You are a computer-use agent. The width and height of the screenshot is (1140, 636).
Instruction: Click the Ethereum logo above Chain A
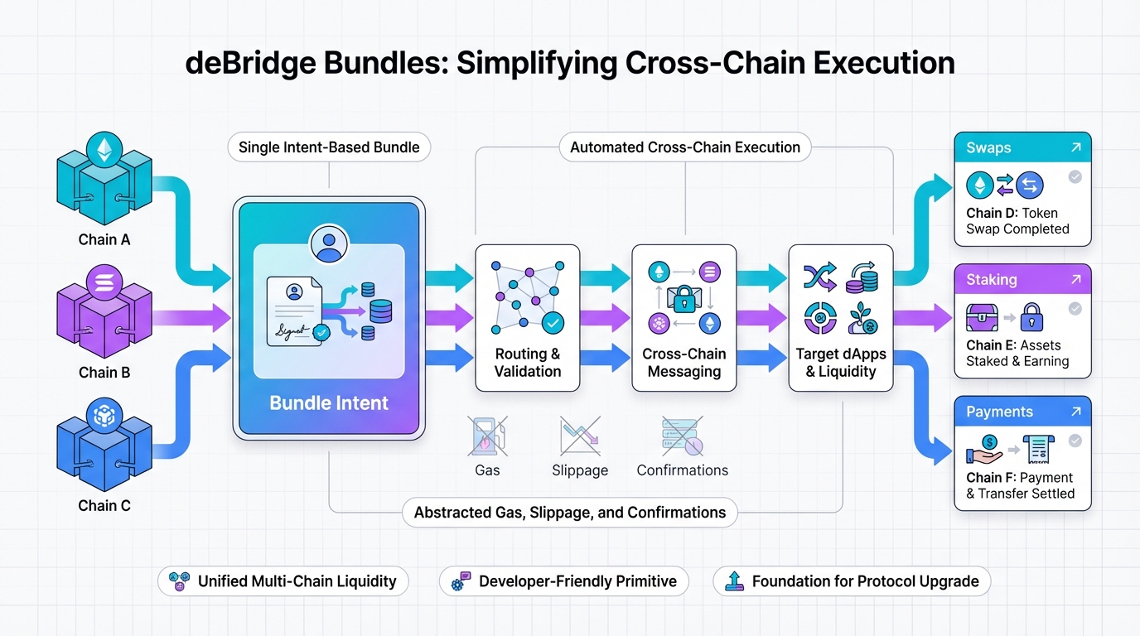tap(104, 150)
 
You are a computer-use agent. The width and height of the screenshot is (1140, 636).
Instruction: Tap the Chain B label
tap(104, 373)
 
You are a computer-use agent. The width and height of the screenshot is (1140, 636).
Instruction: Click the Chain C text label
tap(104, 505)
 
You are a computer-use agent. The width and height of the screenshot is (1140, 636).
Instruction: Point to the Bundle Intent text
tap(329, 403)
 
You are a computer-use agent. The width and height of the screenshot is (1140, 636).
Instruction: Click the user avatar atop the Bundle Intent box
tap(329, 244)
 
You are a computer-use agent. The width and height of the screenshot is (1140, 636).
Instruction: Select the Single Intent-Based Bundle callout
tap(329, 148)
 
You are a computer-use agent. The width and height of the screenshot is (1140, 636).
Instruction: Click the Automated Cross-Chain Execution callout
tap(685, 148)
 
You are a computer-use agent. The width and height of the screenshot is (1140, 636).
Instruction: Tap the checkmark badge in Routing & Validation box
tap(552, 321)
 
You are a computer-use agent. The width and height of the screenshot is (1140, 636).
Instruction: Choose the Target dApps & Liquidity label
tap(841, 363)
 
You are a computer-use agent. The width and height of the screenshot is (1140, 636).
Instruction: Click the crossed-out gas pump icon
tap(487, 436)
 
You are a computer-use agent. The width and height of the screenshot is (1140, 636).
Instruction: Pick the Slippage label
tap(580, 470)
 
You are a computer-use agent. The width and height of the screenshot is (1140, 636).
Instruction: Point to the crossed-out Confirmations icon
tap(682, 436)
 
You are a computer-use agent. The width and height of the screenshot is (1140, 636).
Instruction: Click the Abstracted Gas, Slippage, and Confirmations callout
tap(570, 513)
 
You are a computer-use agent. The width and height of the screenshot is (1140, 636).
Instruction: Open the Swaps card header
tap(1022, 148)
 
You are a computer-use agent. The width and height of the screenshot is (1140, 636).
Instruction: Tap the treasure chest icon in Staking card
tap(983, 317)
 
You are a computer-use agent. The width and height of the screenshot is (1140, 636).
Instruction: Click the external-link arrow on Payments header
tap(1075, 412)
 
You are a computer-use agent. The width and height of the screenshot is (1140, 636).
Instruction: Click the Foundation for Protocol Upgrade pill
tap(852, 581)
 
